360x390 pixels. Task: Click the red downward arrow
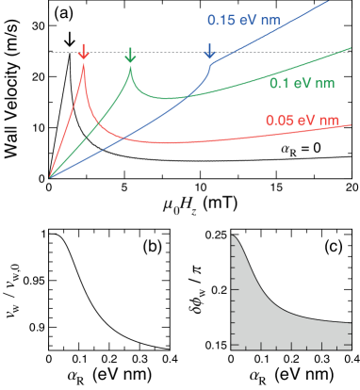[83, 51]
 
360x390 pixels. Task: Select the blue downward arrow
[209, 51]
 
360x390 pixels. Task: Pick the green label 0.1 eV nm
[302, 84]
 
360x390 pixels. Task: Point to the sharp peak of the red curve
[83, 63]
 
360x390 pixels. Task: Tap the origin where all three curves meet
[50, 176]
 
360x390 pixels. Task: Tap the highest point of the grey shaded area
[233, 236]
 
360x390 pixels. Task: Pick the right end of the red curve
[352, 125]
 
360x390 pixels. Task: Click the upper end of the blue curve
[329, 2]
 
